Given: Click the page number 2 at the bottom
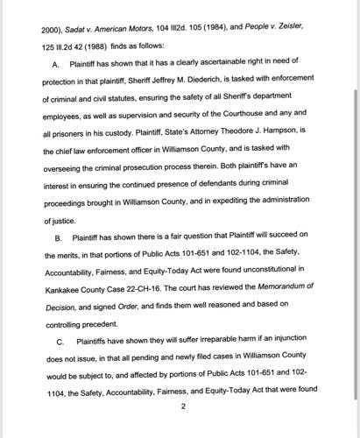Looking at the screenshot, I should click(182, 406).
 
